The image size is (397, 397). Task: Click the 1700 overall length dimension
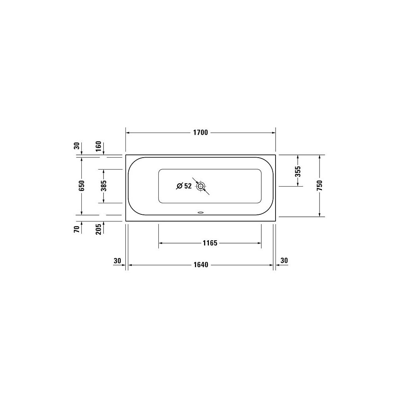tap(200, 133)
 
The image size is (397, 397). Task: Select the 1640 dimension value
tap(201, 265)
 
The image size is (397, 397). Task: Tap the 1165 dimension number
tap(210, 243)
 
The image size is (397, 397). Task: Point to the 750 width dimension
tap(320, 185)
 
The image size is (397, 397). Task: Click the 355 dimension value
tap(298, 172)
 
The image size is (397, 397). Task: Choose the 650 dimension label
tap(81, 186)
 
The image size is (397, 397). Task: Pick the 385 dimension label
tap(104, 186)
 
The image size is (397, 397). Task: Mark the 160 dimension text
tap(98, 146)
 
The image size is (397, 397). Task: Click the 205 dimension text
tap(98, 229)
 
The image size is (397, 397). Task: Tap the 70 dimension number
tap(77, 229)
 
